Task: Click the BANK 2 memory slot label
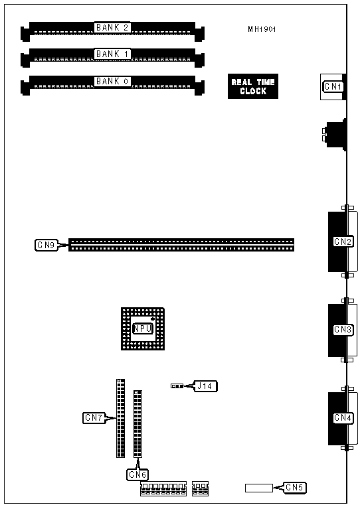click(112, 27)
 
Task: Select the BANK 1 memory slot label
click(112, 54)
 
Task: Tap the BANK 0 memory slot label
click(112, 81)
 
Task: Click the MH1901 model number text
click(262, 29)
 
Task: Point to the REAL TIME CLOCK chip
click(253, 86)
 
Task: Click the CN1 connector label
click(333, 86)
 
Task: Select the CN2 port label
click(343, 242)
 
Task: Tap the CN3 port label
click(343, 330)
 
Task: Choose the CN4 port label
click(343, 418)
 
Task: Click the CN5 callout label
click(294, 487)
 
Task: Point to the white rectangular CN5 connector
click(259, 488)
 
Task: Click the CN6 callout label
click(137, 474)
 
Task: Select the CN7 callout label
click(94, 418)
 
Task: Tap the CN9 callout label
click(46, 245)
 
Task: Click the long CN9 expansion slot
click(181, 245)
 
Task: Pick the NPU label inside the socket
click(142, 329)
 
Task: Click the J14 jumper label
click(206, 386)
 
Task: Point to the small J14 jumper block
click(177, 386)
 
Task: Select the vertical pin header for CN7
click(120, 418)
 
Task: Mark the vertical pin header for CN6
click(137, 424)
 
